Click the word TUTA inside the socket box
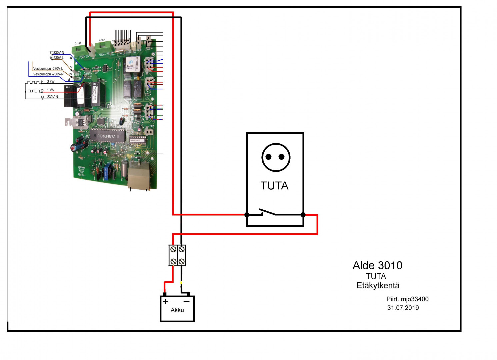(x=274, y=186)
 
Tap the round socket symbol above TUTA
(x=276, y=157)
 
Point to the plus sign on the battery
(x=166, y=301)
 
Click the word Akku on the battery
(x=177, y=310)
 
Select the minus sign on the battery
(x=187, y=301)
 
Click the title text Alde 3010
(x=377, y=265)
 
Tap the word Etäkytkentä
(x=378, y=286)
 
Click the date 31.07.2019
(x=403, y=308)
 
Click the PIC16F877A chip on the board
(x=107, y=136)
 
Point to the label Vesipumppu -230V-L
(x=48, y=69)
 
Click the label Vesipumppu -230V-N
(x=48, y=74)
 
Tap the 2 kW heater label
(x=51, y=82)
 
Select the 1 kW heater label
(x=51, y=90)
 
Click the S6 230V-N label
(x=52, y=97)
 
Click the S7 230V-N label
(x=58, y=53)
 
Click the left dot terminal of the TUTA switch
(x=247, y=215)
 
